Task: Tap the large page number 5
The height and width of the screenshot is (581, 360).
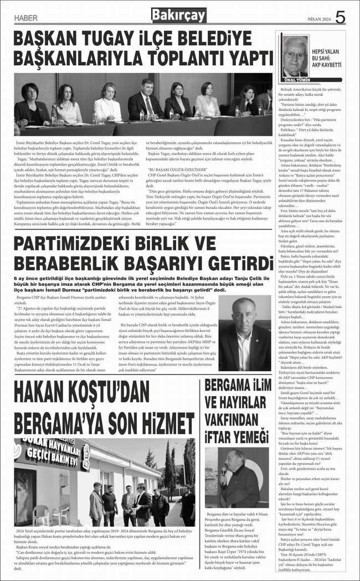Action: (x=340, y=17)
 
